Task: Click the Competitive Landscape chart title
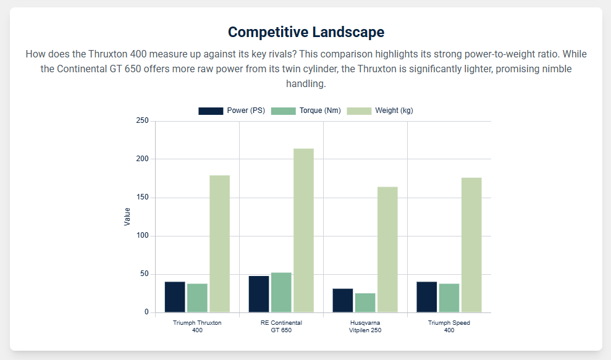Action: tap(306, 32)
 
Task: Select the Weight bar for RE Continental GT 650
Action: tap(303, 230)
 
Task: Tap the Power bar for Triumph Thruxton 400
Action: tap(175, 297)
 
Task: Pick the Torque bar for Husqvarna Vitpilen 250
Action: tap(365, 303)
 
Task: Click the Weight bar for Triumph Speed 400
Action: tap(471, 245)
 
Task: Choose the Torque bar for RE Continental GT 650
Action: tap(281, 292)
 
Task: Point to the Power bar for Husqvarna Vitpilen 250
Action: tap(343, 300)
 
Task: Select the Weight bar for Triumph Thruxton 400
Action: tap(219, 244)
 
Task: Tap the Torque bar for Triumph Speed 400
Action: tap(449, 298)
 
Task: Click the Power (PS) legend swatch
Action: tap(211, 111)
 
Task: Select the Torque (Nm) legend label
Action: tap(320, 111)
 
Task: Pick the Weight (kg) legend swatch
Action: tap(359, 111)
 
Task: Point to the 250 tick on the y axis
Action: tap(143, 121)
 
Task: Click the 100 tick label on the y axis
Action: tap(143, 236)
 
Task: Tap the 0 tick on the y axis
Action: tap(146, 312)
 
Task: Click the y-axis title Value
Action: tap(127, 217)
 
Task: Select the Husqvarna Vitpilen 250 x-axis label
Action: tap(365, 327)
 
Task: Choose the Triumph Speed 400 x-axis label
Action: tap(449, 327)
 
